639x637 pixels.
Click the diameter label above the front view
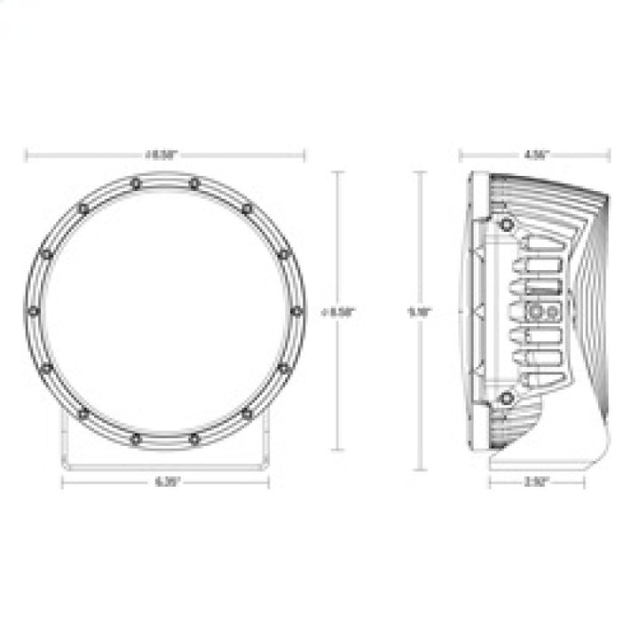(x=164, y=155)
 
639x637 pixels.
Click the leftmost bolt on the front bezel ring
(x=34, y=311)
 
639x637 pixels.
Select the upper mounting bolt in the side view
(x=506, y=222)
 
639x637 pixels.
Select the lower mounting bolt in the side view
(x=506, y=397)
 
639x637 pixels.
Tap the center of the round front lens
(x=165, y=311)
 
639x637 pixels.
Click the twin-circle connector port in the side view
(x=540, y=312)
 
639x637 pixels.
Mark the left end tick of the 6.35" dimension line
(x=62, y=482)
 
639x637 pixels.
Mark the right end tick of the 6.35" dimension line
(x=268, y=482)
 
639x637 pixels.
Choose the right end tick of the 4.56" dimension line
(x=609, y=155)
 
